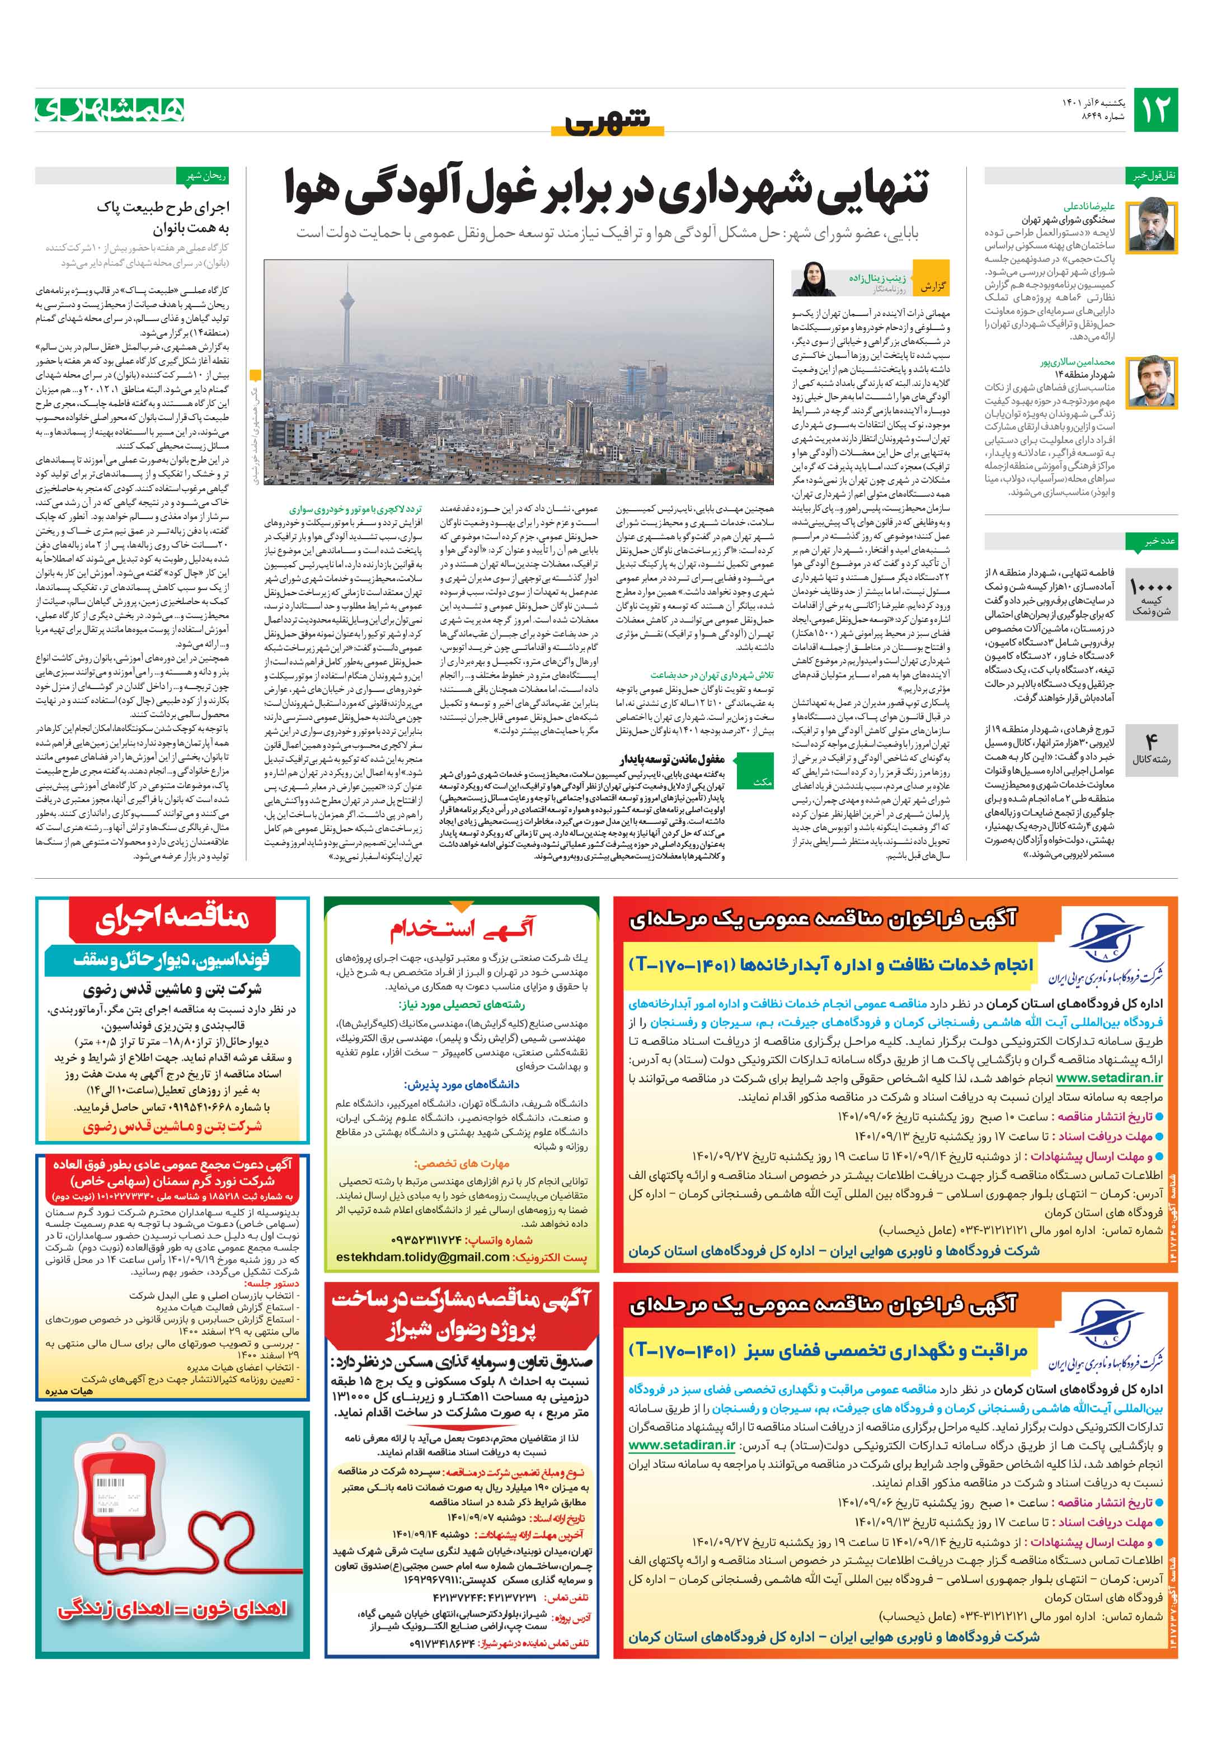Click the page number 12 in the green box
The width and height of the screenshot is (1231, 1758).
pos(1155,110)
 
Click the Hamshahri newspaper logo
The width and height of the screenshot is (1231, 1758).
pos(110,110)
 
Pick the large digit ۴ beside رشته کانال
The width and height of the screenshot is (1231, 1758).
pos(1152,741)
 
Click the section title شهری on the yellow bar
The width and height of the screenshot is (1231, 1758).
pos(608,121)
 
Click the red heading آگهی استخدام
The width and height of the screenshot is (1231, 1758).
pos(462,929)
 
